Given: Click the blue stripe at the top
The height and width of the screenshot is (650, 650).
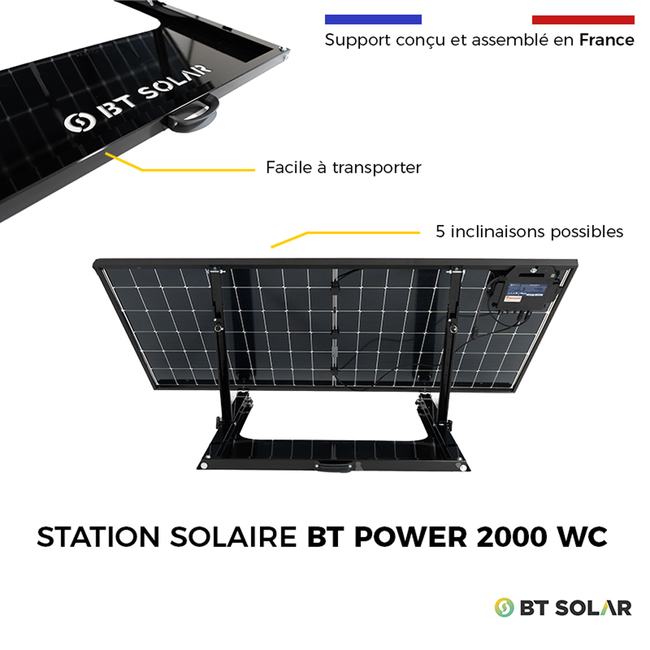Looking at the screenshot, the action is coord(373,19).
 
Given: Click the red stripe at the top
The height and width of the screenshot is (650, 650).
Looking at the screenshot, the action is coord(583,19).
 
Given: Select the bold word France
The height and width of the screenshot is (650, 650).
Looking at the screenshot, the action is coord(606,40).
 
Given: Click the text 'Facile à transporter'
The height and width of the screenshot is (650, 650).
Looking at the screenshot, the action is coord(344,168).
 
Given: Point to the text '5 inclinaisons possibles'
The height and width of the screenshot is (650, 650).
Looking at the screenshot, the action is coord(529,232).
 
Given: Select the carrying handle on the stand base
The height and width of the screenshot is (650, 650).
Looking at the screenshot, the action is coord(335,467).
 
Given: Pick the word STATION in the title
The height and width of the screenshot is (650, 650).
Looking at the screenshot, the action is coord(98,538).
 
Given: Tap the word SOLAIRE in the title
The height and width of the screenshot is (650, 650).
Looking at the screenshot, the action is coord(233,538).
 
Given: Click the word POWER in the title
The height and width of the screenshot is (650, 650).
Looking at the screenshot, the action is coord(410,538).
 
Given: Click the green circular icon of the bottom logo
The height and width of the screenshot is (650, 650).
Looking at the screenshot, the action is coord(504,608).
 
